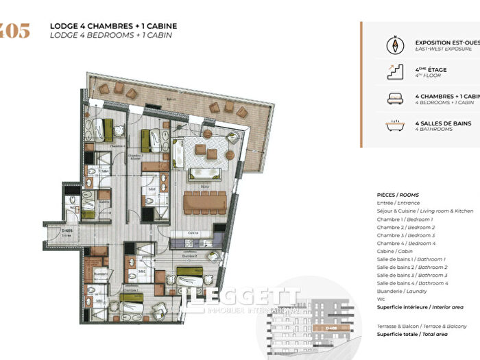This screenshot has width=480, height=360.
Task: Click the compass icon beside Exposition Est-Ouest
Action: tap(396, 45)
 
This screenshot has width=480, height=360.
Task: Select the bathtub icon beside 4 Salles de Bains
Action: tap(396, 125)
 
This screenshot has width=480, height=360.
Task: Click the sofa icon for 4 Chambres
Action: tap(396, 99)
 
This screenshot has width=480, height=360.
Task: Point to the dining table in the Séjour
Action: tap(204, 201)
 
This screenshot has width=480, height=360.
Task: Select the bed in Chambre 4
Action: tap(101, 129)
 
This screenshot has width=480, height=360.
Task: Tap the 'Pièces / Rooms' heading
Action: tap(398, 195)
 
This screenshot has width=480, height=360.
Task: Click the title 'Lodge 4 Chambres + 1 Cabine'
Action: tap(113, 26)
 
